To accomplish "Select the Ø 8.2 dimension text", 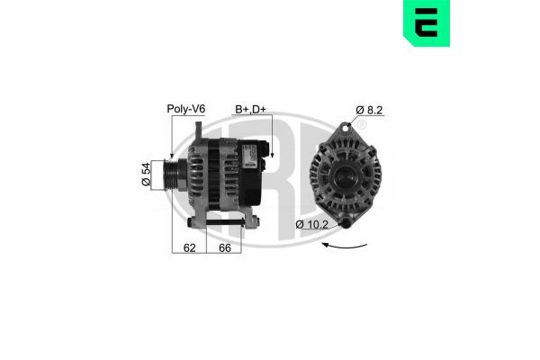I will (371, 110).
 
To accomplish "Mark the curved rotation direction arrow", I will (346, 244).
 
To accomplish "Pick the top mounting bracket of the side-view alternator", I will (193, 132).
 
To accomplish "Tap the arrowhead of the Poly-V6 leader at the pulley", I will (170, 158).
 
